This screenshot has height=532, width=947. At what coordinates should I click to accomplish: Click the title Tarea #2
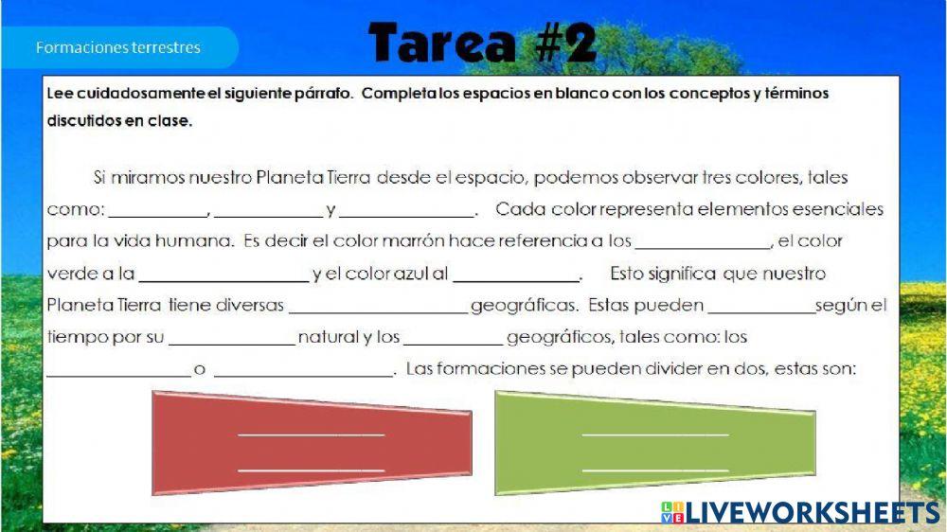(x=483, y=43)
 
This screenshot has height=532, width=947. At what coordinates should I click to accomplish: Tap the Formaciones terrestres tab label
(x=117, y=47)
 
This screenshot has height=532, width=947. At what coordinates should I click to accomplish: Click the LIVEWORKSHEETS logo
(x=800, y=512)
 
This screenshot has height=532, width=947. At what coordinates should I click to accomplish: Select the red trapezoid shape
(x=312, y=443)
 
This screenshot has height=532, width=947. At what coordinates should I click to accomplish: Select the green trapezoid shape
(x=655, y=443)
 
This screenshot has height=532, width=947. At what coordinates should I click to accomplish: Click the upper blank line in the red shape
(x=311, y=434)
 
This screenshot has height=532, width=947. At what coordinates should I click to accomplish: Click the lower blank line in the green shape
(x=655, y=470)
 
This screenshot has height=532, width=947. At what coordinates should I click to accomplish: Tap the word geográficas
(x=524, y=306)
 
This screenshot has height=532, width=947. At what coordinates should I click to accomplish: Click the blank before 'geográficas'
(x=379, y=312)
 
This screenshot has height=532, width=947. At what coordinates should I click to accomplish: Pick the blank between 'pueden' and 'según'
(x=761, y=312)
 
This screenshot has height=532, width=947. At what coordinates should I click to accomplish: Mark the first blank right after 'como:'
(x=158, y=216)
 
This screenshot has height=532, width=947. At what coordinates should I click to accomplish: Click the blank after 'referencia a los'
(x=703, y=248)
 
